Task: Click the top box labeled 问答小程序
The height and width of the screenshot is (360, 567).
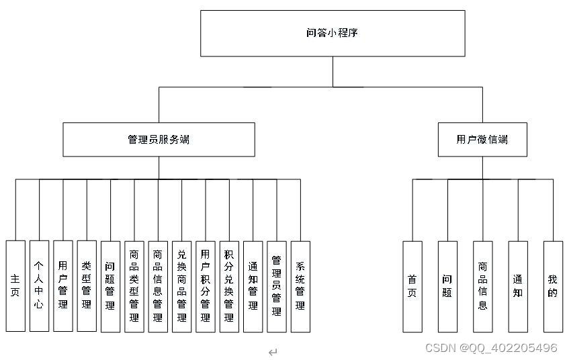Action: pos(333,33)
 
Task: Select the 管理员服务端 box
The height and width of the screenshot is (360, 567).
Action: pos(159,140)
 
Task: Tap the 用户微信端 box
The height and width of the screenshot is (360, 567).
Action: pos(482,140)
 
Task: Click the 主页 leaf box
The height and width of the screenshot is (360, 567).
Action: pos(15,286)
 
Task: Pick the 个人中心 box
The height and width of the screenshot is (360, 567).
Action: pos(39,286)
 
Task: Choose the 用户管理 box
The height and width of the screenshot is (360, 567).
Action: pos(63,286)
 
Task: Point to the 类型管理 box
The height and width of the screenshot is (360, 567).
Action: pos(87,286)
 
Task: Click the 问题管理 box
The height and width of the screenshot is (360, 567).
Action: pos(110,287)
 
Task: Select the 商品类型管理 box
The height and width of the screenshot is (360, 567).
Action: pos(134,287)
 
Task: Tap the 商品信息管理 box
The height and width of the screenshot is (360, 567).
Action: pos(158,287)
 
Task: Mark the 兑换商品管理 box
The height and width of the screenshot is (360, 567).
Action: pos(181,287)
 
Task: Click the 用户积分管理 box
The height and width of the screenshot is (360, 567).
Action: pos(206,287)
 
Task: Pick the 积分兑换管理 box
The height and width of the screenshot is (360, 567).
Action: pos(229,287)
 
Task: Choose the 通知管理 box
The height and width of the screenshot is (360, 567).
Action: pos(253,287)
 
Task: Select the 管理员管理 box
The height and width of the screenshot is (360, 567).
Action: pos(276,287)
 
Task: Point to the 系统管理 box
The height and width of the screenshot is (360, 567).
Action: pos(300,287)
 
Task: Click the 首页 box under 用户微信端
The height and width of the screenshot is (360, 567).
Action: pos(412,287)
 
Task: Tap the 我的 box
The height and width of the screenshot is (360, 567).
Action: pos(553,287)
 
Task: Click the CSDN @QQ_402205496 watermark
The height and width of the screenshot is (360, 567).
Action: pos(491,348)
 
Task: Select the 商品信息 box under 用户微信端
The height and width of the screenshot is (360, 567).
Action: pos(482,287)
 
